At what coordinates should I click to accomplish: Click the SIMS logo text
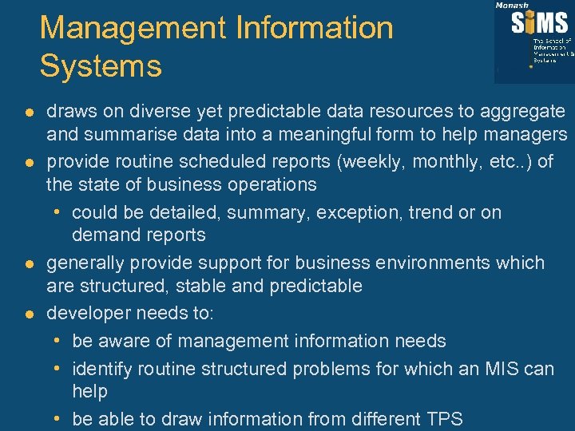pos(540,23)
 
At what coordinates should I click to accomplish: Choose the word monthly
pos(443,162)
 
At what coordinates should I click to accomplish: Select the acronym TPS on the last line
pos(443,419)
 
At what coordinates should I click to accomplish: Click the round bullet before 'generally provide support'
pos(30,263)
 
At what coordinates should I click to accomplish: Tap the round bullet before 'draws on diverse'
pos(30,112)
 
